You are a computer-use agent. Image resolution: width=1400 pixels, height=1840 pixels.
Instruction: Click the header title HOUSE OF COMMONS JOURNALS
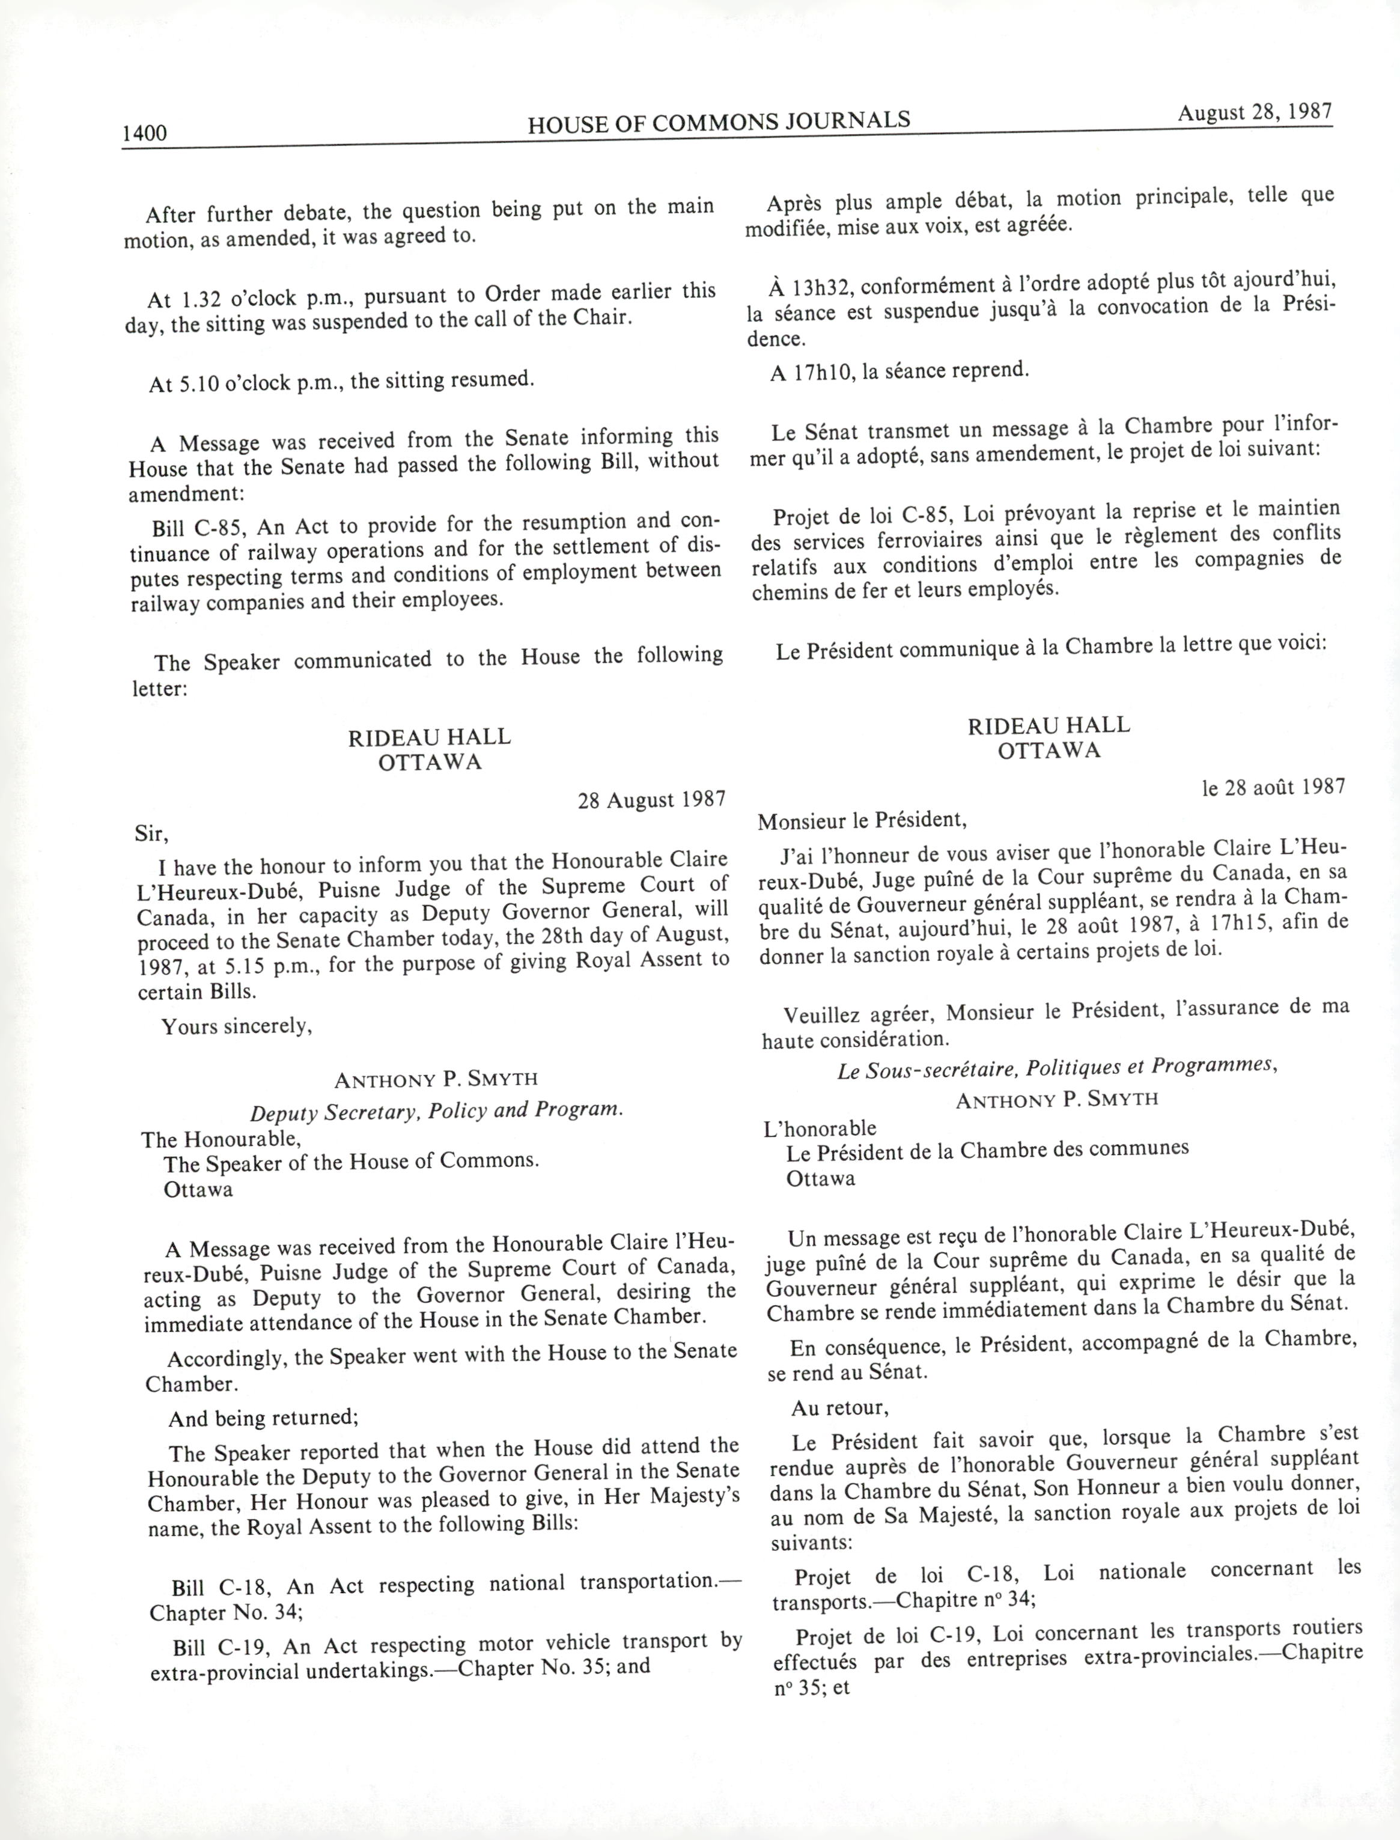tap(719, 121)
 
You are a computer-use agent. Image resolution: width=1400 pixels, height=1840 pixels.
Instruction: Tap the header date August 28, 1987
tap(1254, 112)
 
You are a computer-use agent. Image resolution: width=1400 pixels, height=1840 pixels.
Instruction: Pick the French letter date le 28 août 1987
tap(1273, 787)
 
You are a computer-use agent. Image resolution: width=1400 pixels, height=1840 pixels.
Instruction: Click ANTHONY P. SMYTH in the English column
tap(436, 1080)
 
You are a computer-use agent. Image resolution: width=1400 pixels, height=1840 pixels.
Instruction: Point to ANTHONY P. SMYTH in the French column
tap(1057, 1099)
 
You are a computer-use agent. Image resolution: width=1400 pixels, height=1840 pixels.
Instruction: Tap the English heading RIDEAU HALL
tap(429, 737)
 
